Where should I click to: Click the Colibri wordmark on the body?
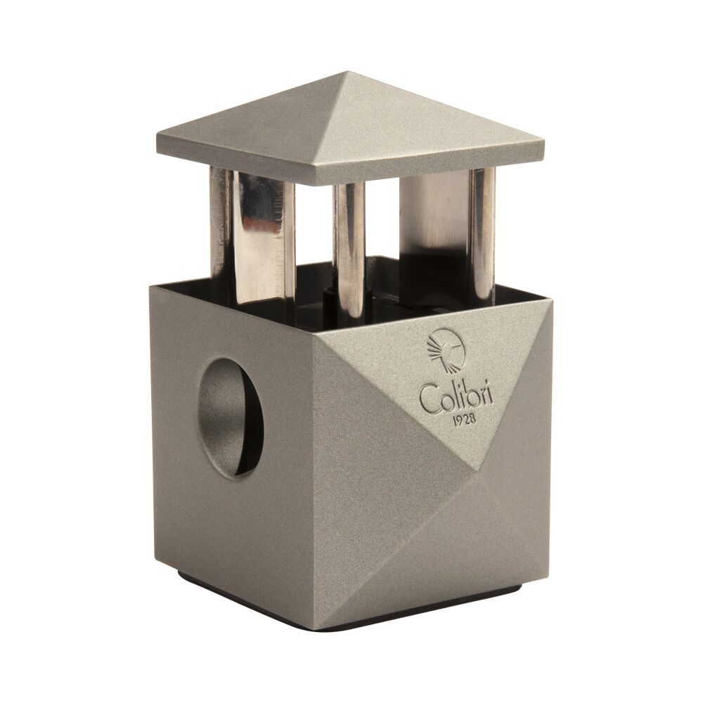[456, 399]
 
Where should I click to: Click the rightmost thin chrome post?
[482, 236]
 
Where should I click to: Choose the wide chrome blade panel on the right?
[434, 225]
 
